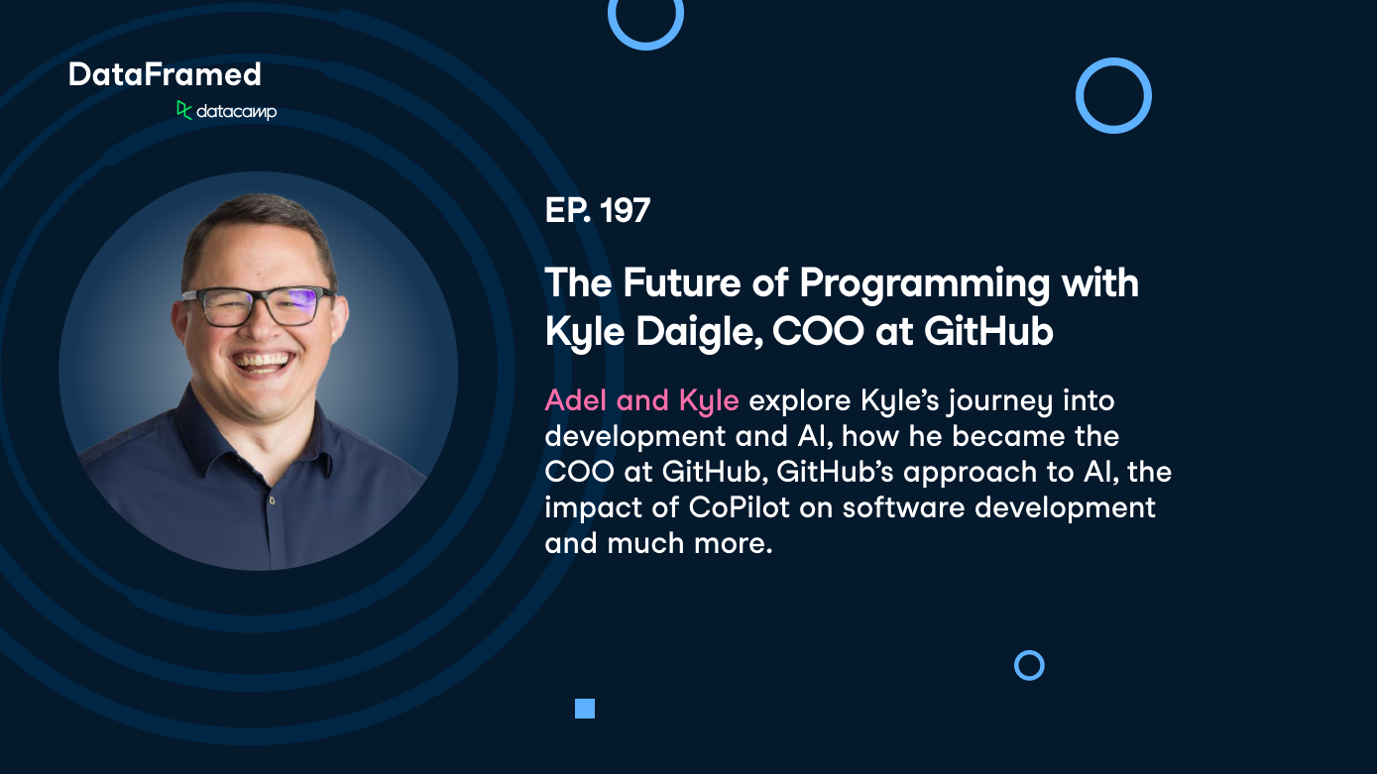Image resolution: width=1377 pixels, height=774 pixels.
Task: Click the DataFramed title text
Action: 165,74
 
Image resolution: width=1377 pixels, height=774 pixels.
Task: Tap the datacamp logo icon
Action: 184,110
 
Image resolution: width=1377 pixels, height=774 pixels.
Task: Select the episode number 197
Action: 625,211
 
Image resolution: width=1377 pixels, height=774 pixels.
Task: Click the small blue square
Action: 585,708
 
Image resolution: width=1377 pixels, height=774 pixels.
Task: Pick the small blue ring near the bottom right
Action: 1029,665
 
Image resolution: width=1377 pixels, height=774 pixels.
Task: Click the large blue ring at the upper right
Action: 1113,95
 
